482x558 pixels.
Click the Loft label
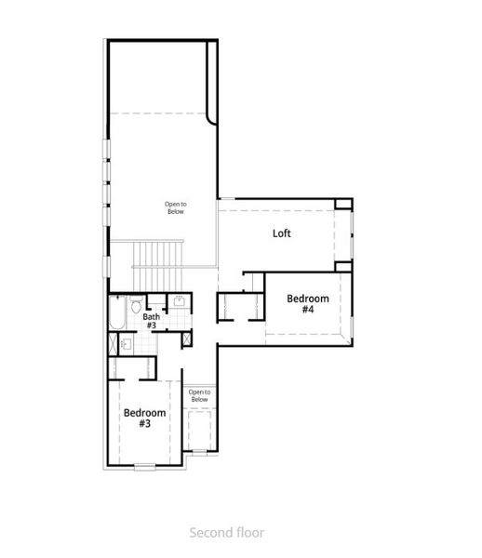tap(281, 233)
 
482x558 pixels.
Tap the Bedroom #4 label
tap(307, 304)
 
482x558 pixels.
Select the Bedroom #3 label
tap(144, 418)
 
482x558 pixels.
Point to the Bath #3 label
tap(151, 321)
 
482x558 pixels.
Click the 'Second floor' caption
tap(227, 533)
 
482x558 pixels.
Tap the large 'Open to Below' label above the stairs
tap(175, 207)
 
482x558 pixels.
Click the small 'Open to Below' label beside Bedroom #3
tap(199, 396)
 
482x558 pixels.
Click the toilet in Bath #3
tap(136, 305)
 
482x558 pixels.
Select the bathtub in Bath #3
tap(116, 313)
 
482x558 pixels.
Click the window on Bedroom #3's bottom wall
tap(145, 466)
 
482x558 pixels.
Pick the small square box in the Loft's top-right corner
tap(344, 204)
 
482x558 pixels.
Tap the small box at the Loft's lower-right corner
tap(343, 267)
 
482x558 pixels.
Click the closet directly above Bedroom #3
tap(145, 366)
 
